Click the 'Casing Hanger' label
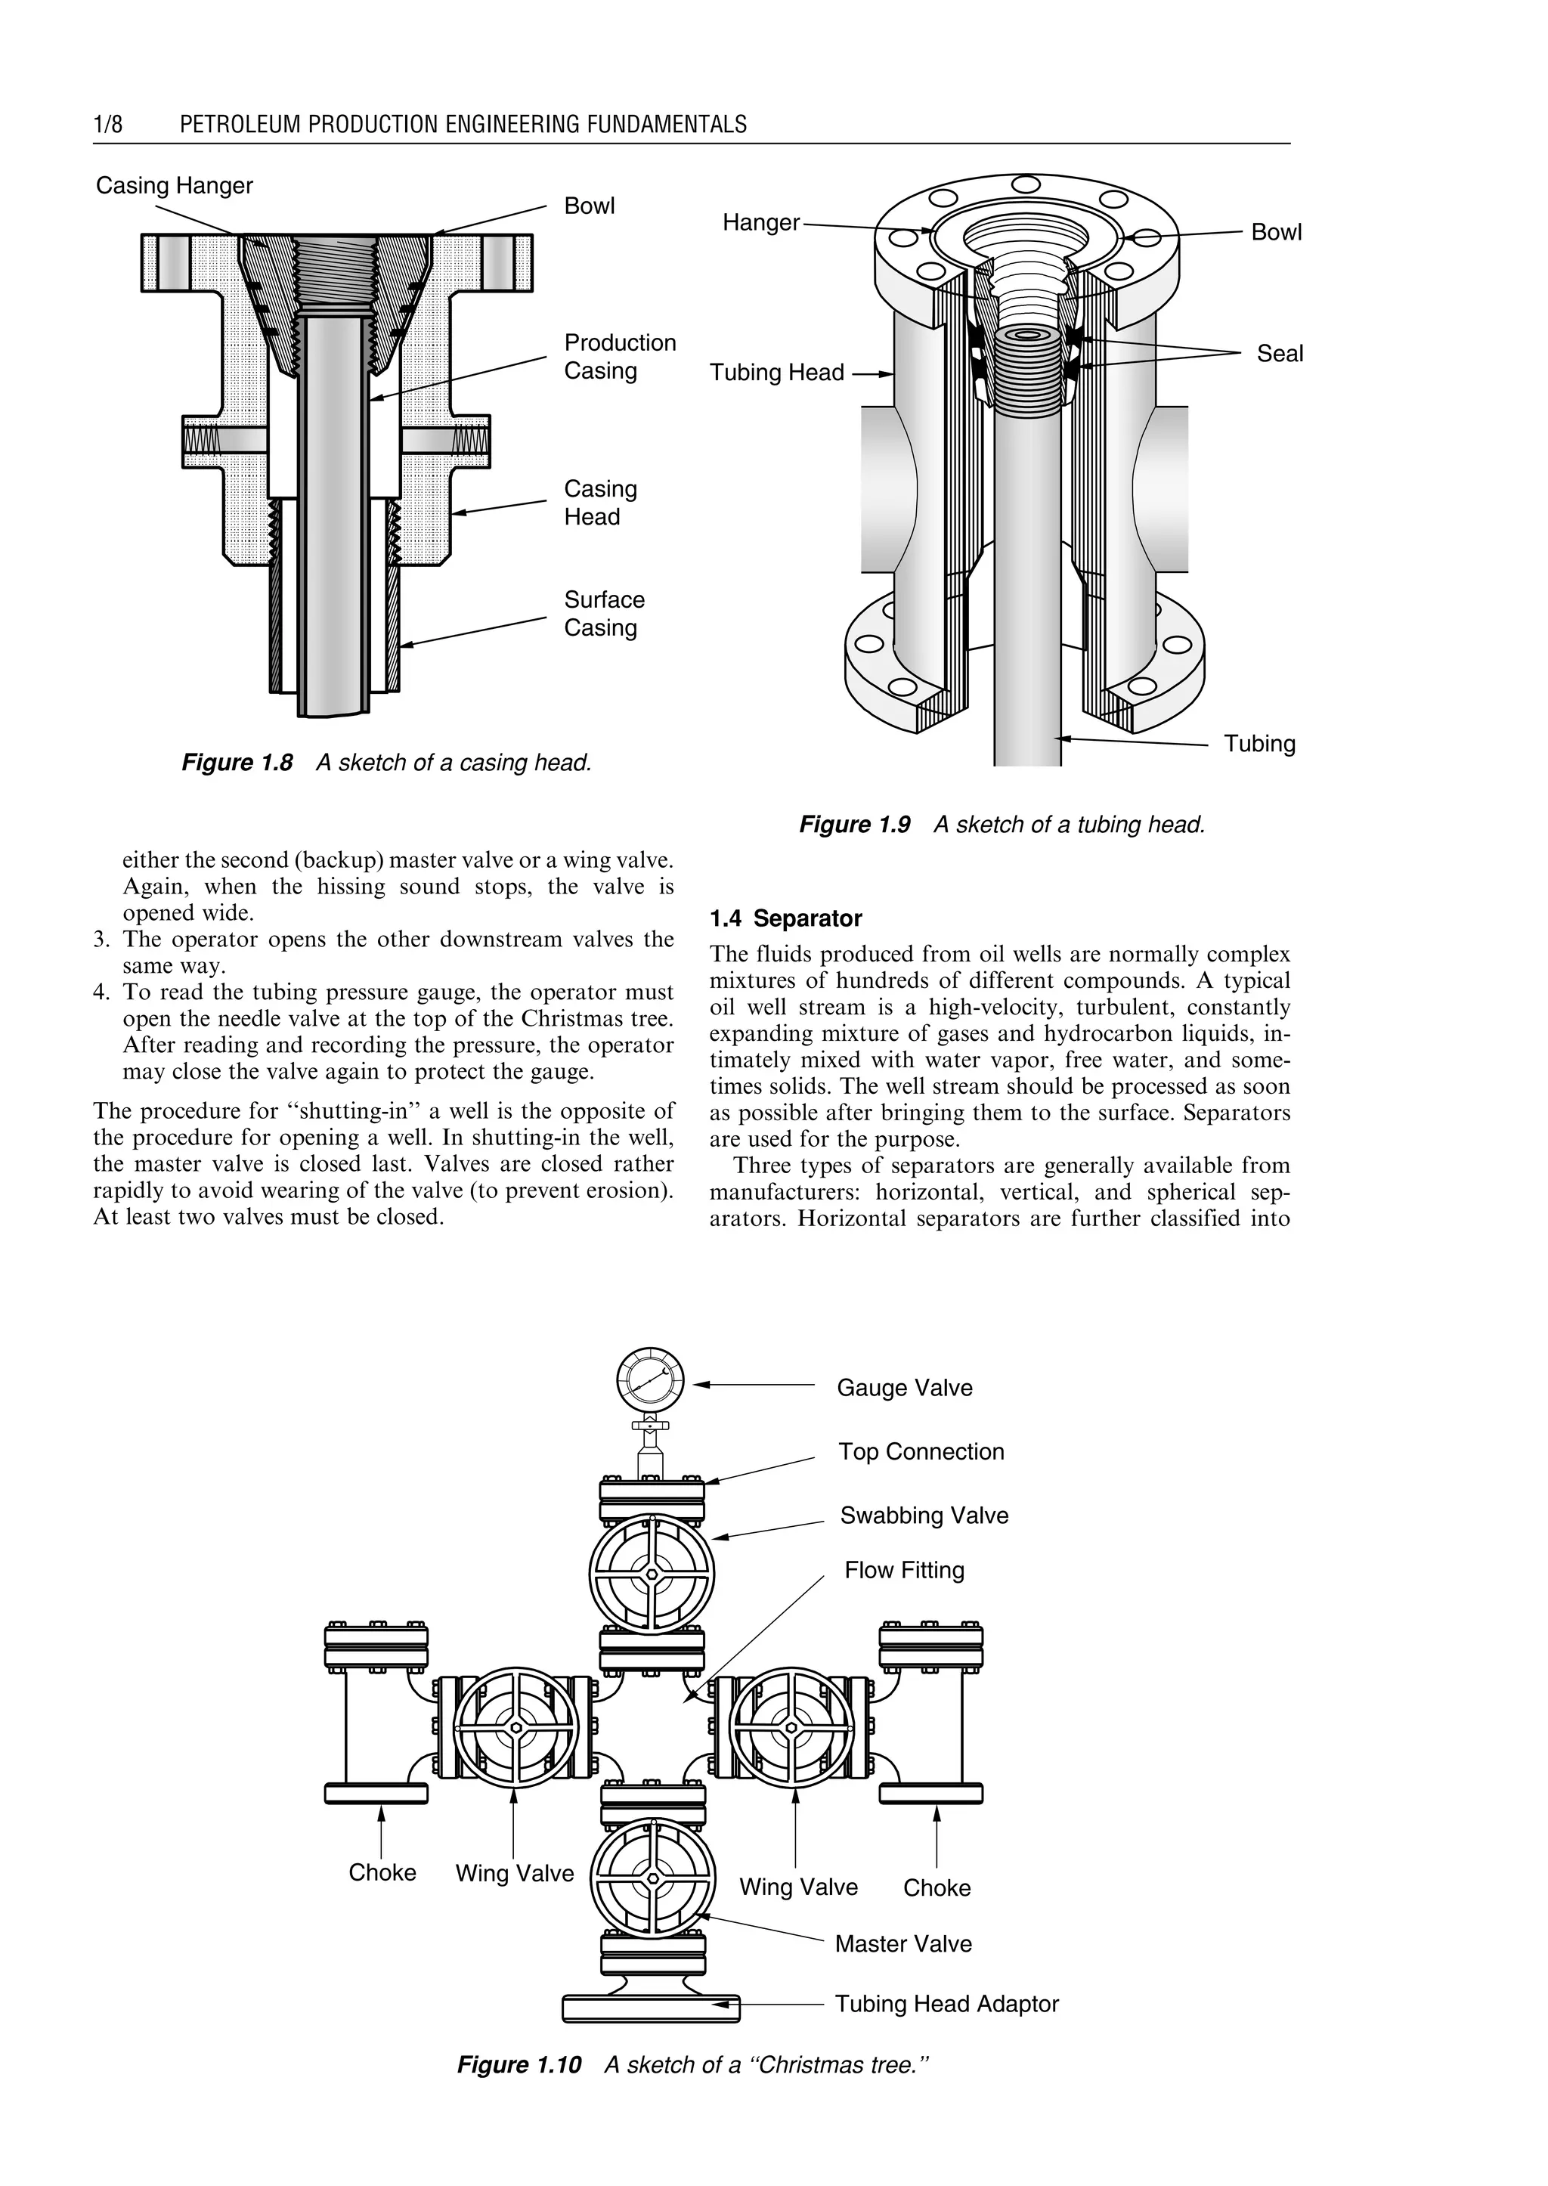coord(175,186)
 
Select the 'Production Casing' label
coord(620,357)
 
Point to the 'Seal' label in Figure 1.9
coord(1279,354)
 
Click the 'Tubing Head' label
coord(776,373)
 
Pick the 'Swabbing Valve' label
coord(924,1516)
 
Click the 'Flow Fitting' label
coord(904,1570)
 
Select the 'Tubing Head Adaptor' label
coord(946,2004)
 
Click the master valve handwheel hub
coord(653,1878)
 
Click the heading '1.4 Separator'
coord(785,919)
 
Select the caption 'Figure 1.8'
coord(237,763)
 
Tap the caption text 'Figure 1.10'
coord(519,2065)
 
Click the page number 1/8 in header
coord(108,124)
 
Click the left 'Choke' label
coord(382,1872)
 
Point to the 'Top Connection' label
coord(921,1452)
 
